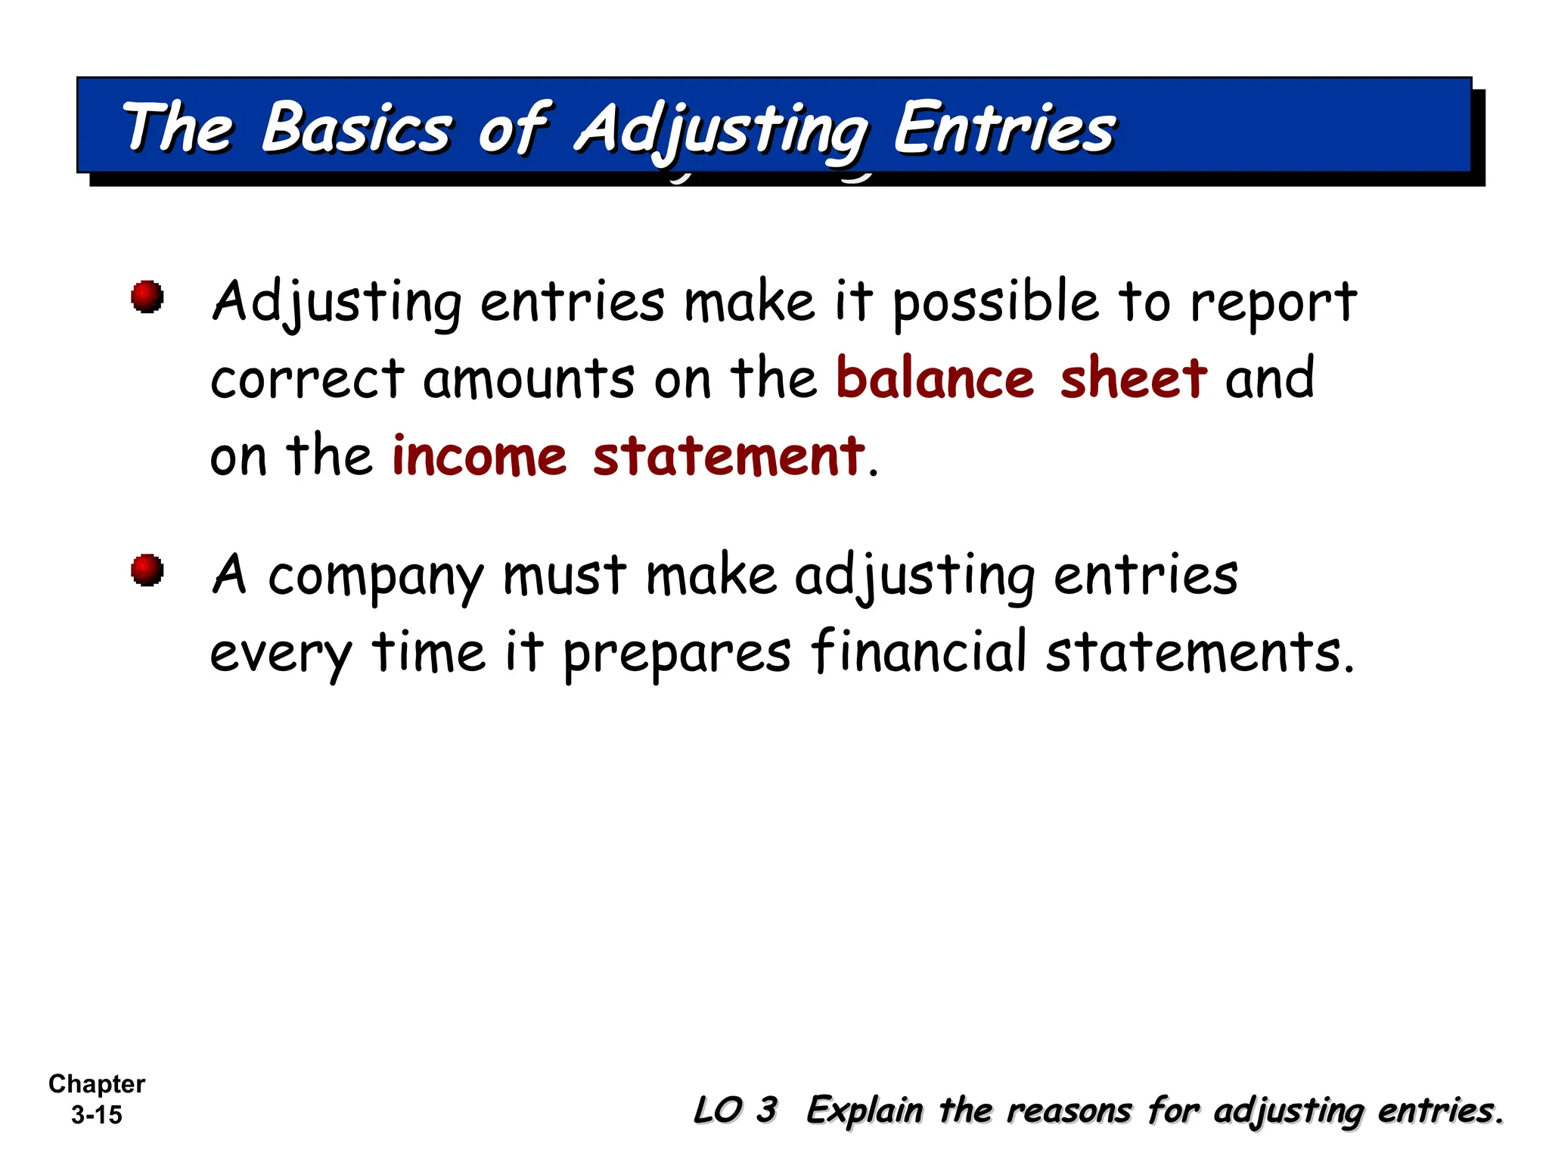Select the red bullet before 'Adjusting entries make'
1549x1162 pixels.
tap(147, 296)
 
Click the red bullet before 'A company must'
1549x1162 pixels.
tap(147, 570)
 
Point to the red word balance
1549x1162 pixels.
tap(935, 377)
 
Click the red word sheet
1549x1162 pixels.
tap(1133, 377)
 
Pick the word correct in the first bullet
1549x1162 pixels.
tap(307, 379)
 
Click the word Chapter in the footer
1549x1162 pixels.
tap(97, 1083)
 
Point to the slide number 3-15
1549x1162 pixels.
tap(97, 1114)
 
